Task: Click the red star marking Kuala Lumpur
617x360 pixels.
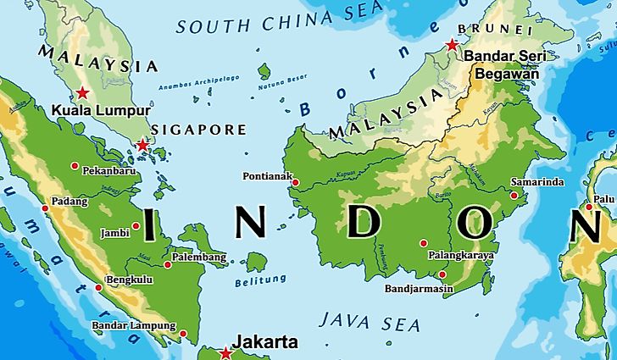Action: click(82, 92)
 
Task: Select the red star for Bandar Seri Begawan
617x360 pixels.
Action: click(452, 44)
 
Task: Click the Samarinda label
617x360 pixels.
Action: click(538, 183)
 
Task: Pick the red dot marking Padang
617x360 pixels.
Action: click(45, 208)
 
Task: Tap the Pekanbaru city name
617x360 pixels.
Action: click(109, 170)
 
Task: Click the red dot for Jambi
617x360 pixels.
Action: click(136, 225)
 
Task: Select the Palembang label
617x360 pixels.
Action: click(199, 257)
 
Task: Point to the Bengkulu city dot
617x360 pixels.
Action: click(98, 287)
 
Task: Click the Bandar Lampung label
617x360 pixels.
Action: click(134, 325)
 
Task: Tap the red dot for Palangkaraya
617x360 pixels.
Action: click(424, 243)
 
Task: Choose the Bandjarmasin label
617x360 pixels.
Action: click(419, 289)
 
